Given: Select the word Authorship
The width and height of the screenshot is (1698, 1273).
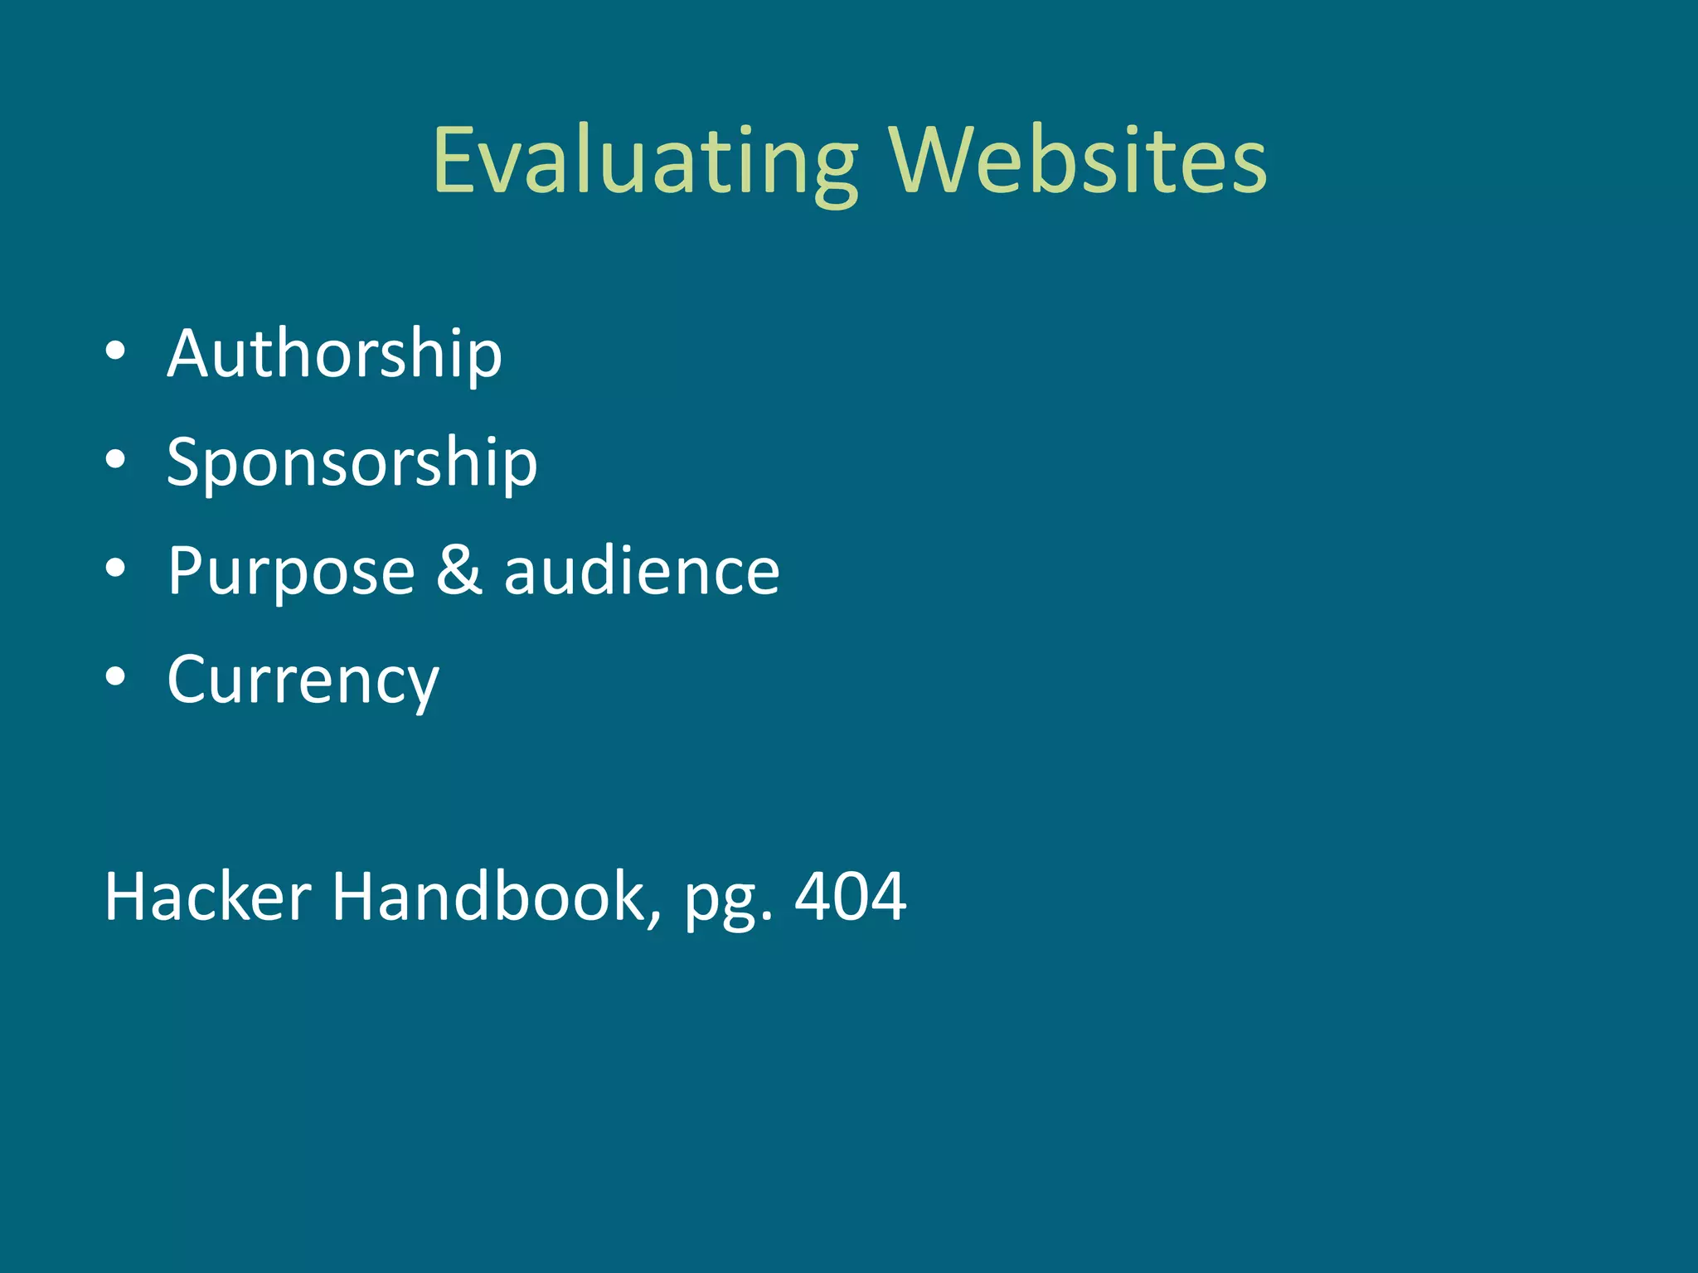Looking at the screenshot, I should (x=334, y=354).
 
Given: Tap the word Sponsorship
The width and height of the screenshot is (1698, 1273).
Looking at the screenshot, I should (x=352, y=463).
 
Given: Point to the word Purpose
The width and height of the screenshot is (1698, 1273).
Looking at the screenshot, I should (x=291, y=572).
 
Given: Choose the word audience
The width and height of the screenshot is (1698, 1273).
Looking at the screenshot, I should (x=642, y=572).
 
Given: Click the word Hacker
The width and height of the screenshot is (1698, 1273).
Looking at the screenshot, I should (x=208, y=897).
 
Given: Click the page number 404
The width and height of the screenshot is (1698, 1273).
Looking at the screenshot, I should (x=850, y=897).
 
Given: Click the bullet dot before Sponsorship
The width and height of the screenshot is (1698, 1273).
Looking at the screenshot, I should (x=116, y=460).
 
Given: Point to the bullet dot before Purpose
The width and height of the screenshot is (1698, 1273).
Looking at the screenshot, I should (x=116, y=569).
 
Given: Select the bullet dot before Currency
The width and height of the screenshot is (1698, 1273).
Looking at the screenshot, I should (x=116, y=677).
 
